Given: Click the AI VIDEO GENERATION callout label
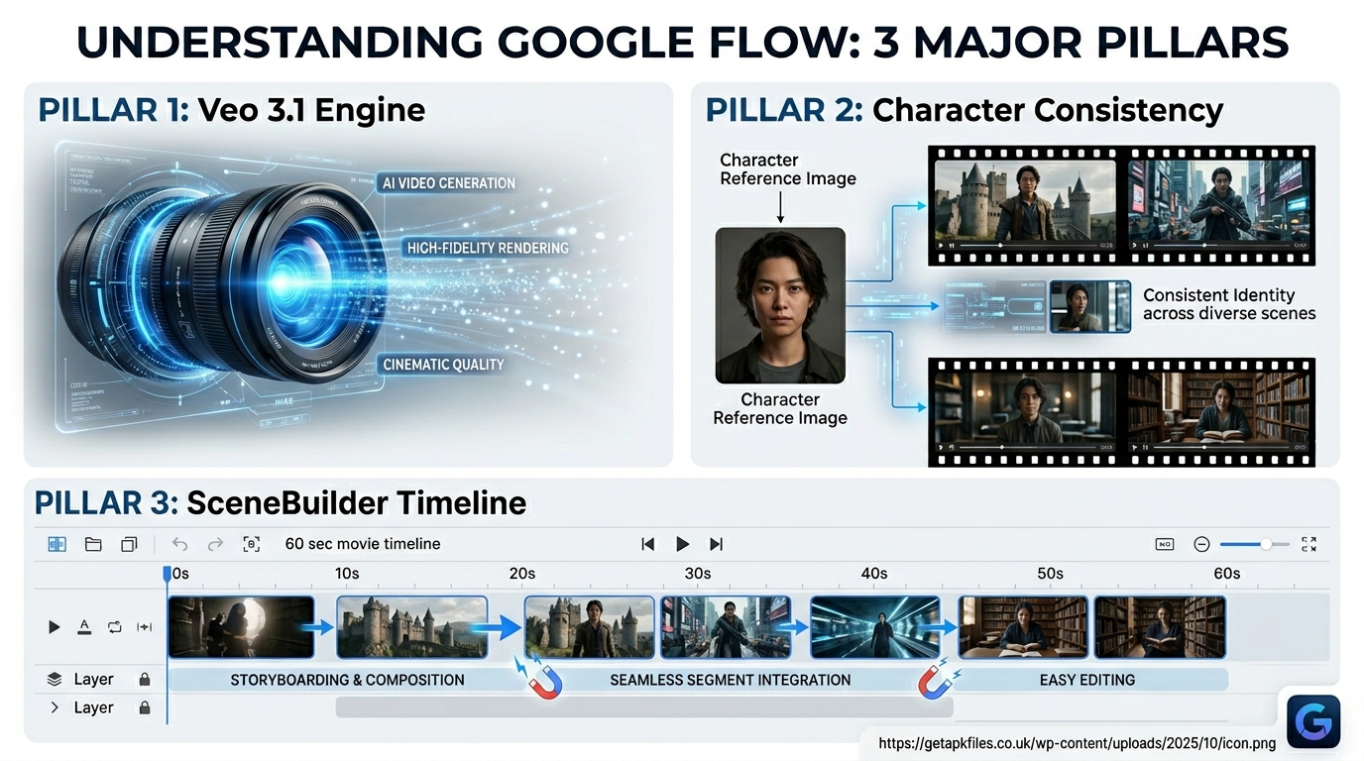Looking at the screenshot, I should pos(448,183).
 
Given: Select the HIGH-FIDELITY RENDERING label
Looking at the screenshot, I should pos(488,248).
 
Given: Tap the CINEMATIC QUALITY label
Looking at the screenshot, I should pos(443,365).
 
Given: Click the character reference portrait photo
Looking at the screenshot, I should pos(780,305).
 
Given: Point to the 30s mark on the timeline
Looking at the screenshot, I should pos(698,574).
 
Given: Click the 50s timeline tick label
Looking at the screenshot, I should pos(1050,574).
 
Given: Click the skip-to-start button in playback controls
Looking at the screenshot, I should pos(648,544).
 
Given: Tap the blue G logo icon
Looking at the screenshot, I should pos(1313,720).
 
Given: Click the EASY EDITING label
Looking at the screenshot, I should pos(1087,680).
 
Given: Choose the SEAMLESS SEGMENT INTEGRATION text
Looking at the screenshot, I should pos(730,680).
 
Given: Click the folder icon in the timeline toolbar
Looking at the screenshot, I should pos(93,544).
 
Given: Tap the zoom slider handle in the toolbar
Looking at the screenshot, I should pos(1266,544).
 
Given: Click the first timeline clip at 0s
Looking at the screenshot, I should pos(241,626).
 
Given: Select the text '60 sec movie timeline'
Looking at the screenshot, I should pos(363,544).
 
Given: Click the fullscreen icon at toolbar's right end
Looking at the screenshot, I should pos(1309,544).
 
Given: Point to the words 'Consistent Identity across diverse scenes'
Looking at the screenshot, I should pos(1229,304).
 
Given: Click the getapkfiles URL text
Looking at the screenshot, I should pos(1078,743).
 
